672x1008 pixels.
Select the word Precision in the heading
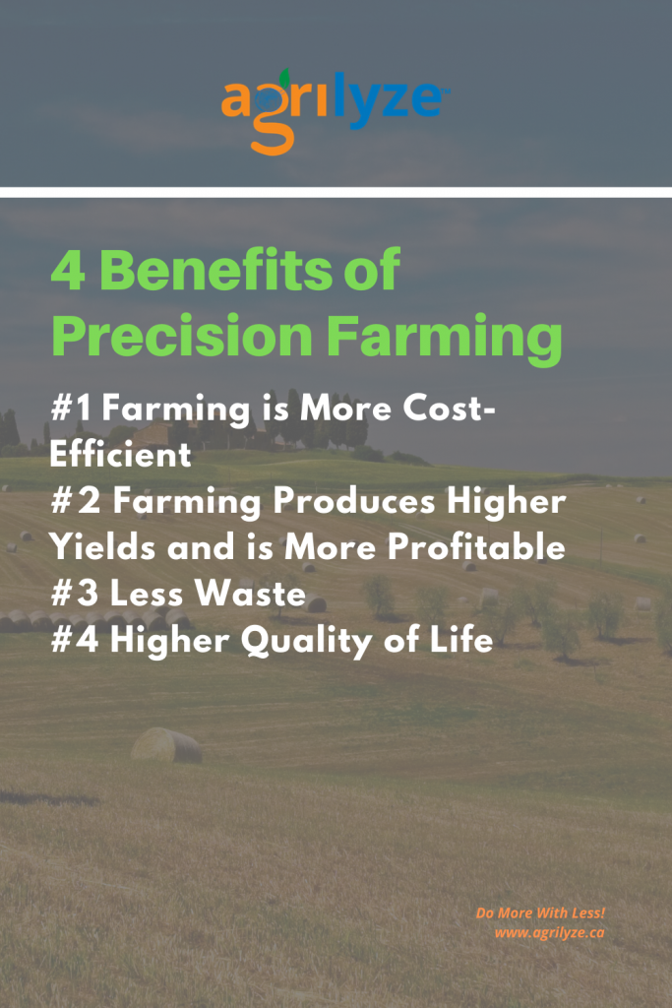(x=182, y=335)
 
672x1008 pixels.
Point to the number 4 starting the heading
(x=68, y=271)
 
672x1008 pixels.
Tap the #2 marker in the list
(x=76, y=501)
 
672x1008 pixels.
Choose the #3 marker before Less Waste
(x=75, y=593)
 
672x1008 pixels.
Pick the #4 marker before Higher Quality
(x=75, y=640)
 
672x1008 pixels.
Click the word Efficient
(x=120, y=454)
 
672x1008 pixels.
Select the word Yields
(x=102, y=546)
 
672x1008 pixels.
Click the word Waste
(x=250, y=593)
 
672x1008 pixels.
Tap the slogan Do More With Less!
(x=540, y=913)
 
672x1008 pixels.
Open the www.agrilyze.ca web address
(x=549, y=933)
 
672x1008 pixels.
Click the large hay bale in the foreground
(x=166, y=745)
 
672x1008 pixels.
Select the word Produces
(x=354, y=501)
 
